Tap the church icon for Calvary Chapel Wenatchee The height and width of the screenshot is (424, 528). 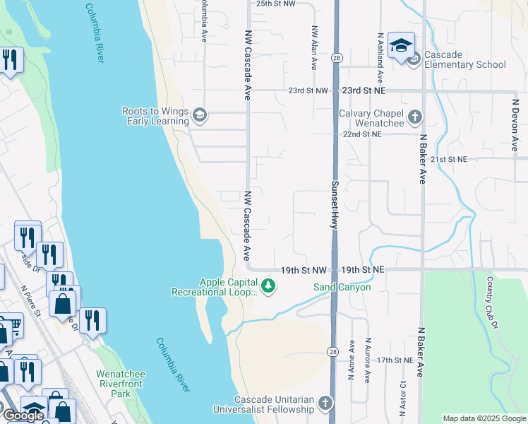click(x=415, y=117)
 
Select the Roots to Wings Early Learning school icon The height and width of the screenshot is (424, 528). click(x=200, y=116)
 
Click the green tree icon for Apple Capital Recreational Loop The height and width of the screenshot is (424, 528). click(x=268, y=286)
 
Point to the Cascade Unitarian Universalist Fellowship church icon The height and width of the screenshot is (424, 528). click(x=325, y=404)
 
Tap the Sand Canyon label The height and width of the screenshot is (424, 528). click(x=342, y=287)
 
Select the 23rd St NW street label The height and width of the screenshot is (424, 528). click(x=308, y=90)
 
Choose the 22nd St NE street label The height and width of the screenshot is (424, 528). click(x=361, y=134)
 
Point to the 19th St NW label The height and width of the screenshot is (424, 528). click(x=304, y=270)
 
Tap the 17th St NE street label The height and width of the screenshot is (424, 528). click(x=394, y=360)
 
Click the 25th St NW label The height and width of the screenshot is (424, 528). click(x=275, y=4)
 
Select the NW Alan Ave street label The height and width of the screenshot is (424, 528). click(x=314, y=48)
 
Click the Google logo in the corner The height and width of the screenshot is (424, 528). click(x=23, y=416)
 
